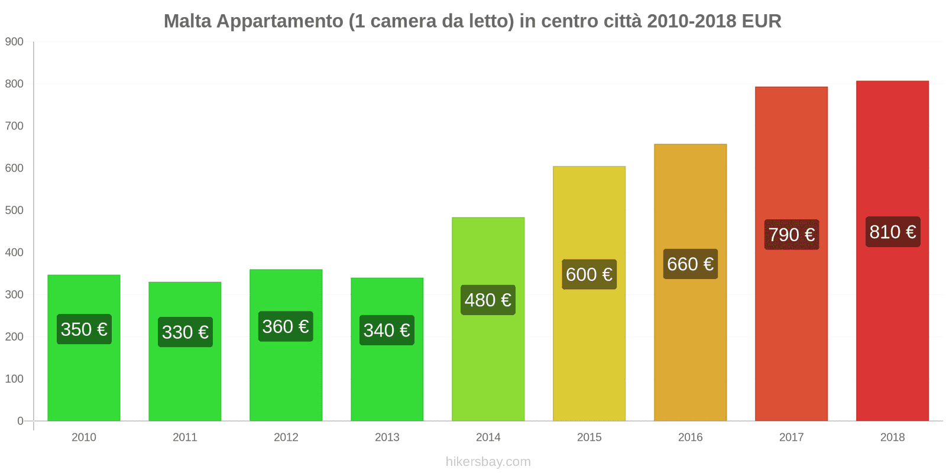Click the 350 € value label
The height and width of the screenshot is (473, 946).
84,329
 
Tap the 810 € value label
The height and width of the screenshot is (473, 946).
893,232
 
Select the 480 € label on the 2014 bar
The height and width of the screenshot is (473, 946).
488,300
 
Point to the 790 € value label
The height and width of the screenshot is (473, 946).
792,235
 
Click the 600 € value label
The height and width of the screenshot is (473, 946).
589,274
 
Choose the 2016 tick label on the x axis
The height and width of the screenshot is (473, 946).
690,438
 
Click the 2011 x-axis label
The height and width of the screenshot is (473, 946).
185,438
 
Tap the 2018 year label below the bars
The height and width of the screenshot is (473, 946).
892,438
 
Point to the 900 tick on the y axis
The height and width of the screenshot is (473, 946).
14,42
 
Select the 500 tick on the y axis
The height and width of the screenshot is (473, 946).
14,210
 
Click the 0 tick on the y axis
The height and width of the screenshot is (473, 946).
20,421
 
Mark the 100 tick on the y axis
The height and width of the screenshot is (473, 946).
14,379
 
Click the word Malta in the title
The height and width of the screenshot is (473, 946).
187,21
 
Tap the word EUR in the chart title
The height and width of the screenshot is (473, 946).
762,21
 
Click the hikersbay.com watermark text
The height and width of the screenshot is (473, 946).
488,462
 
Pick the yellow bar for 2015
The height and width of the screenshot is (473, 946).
589,355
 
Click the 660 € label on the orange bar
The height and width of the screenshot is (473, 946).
690,264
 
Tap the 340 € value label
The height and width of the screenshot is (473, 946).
387,330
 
